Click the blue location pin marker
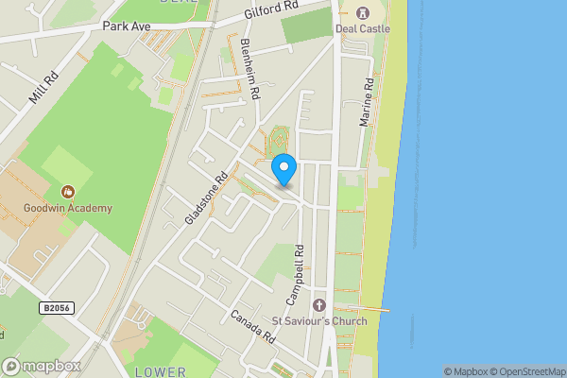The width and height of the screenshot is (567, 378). pos(284,169)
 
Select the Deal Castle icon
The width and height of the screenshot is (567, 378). pos(362,12)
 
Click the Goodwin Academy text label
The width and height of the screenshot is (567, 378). pos(68,208)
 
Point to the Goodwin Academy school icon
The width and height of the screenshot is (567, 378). pos(68,192)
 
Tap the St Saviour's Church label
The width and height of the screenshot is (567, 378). pos(319,321)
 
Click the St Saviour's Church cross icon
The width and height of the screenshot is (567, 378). pos(318,305)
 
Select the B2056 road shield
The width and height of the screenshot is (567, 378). pos(58,308)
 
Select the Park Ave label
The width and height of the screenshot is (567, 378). pos(128,26)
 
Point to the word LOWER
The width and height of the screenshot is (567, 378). pos(161,371)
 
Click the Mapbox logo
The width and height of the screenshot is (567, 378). pos(42,366)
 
